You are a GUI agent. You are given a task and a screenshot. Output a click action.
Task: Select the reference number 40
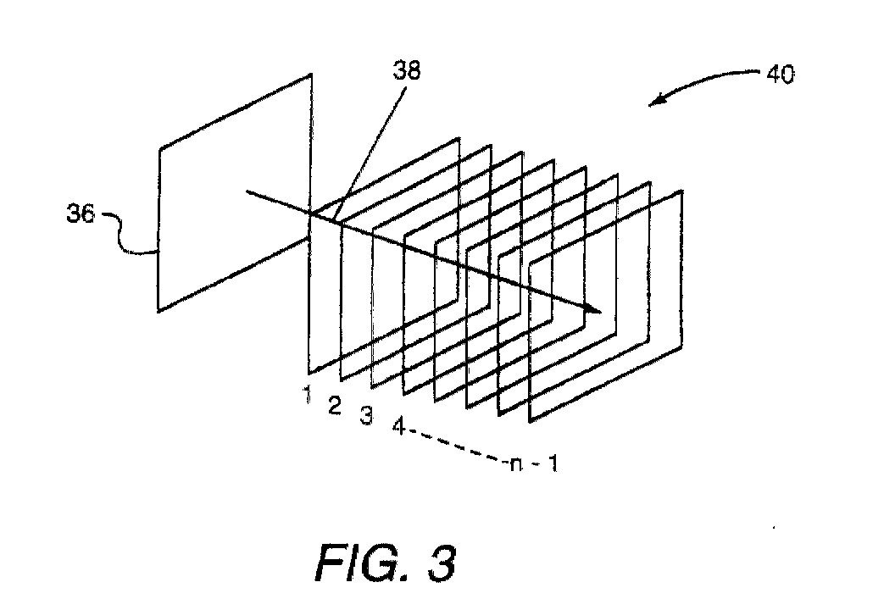(x=781, y=75)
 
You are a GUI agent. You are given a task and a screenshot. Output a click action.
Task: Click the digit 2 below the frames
(x=336, y=408)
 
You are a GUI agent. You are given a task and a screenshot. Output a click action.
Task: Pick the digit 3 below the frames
(x=366, y=416)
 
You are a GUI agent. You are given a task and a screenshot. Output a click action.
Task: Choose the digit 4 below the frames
(x=398, y=426)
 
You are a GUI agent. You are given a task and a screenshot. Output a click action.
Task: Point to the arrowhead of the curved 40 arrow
(x=654, y=102)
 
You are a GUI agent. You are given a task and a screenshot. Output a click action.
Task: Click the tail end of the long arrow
(x=247, y=192)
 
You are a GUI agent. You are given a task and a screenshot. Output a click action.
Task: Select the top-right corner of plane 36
(x=313, y=75)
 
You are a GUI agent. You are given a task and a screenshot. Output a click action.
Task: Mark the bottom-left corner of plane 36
(x=158, y=311)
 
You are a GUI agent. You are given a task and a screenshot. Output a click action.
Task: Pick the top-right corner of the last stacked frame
(x=682, y=192)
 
